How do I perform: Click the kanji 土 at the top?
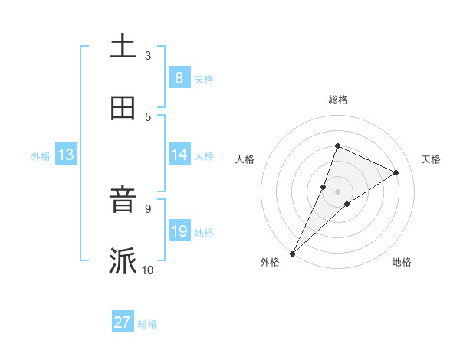[123, 47]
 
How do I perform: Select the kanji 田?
[123, 108]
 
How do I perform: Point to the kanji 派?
[123, 261]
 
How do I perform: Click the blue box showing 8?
[179, 77]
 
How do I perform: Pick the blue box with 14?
[179, 154]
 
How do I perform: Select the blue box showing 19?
[179, 231]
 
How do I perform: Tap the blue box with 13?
[66, 155]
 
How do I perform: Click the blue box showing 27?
[123, 322]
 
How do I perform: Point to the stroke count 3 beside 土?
[148, 56]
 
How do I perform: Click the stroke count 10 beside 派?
[148, 270]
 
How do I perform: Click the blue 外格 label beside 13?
[41, 156]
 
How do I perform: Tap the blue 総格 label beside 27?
[147, 324]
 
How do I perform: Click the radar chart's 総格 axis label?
[337, 100]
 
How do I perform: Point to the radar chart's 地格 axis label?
[402, 263]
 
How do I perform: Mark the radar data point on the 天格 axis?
[396, 172]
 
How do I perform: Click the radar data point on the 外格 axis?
[292, 253]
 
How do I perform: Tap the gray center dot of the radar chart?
[337, 191]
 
